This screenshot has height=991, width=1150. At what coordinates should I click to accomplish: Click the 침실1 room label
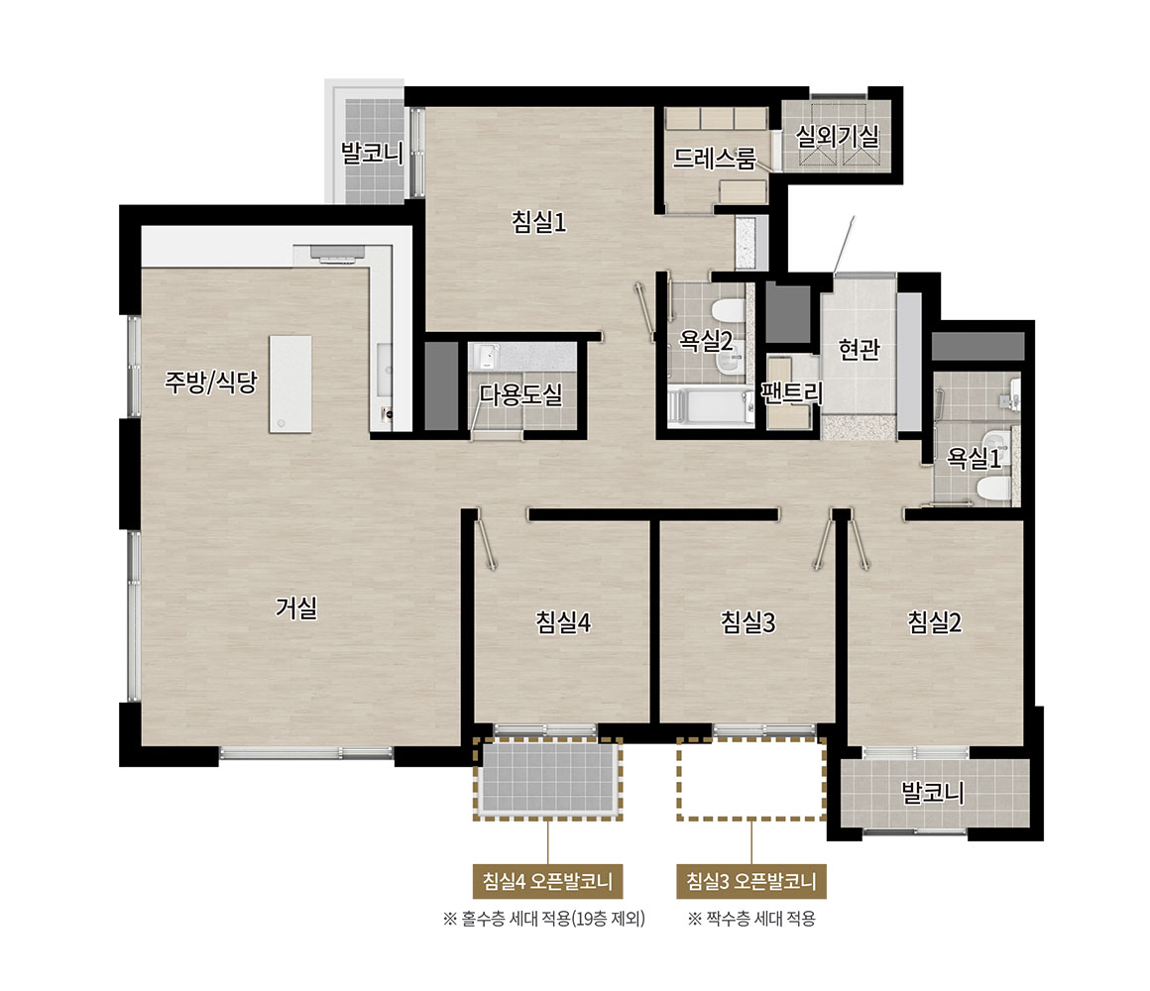click(x=539, y=221)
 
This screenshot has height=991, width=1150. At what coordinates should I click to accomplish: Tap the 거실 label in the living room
click(x=296, y=606)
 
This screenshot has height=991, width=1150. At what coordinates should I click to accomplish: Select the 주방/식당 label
click(x=211, y=382)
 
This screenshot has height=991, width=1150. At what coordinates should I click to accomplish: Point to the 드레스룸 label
click(x=715, y=158)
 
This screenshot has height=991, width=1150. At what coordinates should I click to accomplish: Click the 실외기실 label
click(x=837, y=136)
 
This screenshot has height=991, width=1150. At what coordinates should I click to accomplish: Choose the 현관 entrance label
click(x=859, y=349)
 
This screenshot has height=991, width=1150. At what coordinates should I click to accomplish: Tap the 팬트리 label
click(x=792, y=392)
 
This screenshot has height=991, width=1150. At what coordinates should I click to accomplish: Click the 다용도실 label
click(x=520, y=394)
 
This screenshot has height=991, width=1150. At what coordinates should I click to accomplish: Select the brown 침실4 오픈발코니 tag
click(x=548, y=881)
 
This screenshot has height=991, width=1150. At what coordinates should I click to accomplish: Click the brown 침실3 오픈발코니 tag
click(x=751, y=881)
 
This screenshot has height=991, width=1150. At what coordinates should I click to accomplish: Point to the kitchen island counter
click(x=290, y=385)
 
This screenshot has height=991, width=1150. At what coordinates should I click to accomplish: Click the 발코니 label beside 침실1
click(x=372, y=154)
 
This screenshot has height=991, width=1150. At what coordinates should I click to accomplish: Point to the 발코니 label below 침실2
click(x=932, y=792)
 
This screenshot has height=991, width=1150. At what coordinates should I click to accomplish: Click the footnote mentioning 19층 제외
click(x=543, y=919)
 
